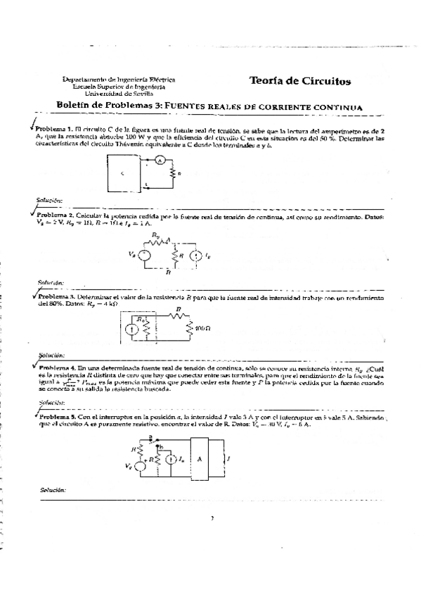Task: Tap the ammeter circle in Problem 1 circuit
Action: [159, 160]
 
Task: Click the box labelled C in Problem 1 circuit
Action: [122, 173]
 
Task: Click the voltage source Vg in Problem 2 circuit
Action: [144, 255]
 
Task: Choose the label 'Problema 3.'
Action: [56, 298]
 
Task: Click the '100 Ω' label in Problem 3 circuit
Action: [201, 329]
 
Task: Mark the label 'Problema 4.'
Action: [57, 367]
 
